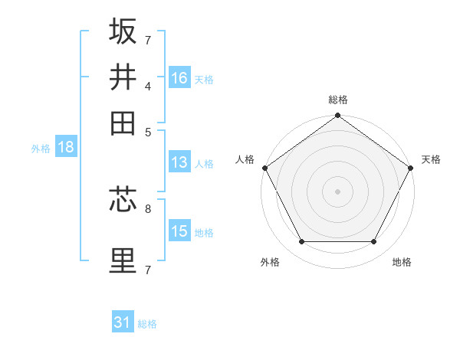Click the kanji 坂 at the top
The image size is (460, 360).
tap(123, 31)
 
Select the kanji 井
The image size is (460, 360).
tap(123, 77)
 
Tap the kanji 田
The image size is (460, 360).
tap(123, 122)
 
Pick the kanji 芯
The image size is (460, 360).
tap(123, 201)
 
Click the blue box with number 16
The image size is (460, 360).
tap(179, 78)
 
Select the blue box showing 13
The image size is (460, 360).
tap(179, 162)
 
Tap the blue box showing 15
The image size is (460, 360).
tap(179, 231)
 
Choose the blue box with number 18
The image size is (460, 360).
tap(66, 148)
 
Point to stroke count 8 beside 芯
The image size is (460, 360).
tap(148, 208)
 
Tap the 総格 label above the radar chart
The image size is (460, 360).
tap(337, 100)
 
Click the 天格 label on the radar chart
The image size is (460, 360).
tap(431, 159)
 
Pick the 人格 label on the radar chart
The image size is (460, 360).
tap(245, 159)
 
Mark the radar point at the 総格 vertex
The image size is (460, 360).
tap(337, 116)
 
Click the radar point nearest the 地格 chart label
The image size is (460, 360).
tap(374, 242)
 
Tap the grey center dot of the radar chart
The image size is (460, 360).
tap(337, 191)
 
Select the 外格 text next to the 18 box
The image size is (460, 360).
tap(41, 149)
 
